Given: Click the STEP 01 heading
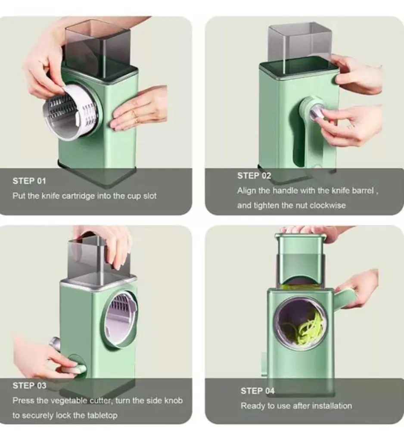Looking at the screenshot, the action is point(29,181).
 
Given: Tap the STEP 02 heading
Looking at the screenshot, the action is point(254,176).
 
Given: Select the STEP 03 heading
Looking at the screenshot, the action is point(29,385).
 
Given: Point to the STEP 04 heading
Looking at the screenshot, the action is point(258,391).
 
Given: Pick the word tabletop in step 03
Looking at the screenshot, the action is point(102,416).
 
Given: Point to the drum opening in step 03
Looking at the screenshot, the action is point(121,319).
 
